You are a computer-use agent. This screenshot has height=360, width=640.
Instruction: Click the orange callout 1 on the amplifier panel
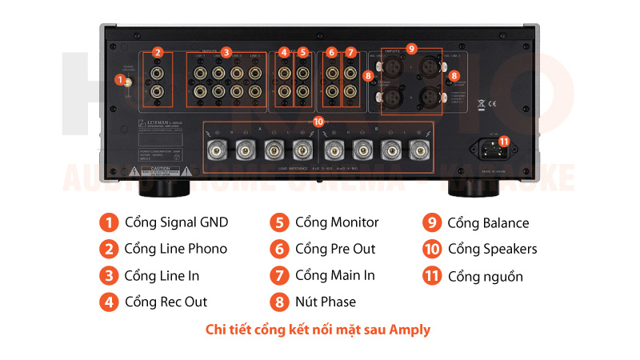[x=121, y=80]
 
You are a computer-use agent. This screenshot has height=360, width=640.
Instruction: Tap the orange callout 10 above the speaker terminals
[x=318, y=122]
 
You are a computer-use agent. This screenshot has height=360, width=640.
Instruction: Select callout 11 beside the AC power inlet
[x=503, y=142]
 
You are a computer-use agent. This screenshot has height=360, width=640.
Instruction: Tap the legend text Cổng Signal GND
[x=176, y=222]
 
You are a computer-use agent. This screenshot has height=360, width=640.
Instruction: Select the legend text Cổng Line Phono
[x=176, y=249]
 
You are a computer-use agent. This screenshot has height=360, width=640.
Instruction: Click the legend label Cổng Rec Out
[x=166, y=302]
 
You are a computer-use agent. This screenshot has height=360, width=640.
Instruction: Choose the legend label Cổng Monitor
[x=337, y=222]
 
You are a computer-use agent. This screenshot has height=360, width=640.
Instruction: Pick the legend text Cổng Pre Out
[x=335, y=249]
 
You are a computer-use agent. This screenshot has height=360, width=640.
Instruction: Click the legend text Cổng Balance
[x=488, y=222]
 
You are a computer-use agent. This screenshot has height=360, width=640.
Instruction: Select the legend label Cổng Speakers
[x=492, y=249]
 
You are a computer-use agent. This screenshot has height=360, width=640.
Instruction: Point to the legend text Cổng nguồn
[x=486, y=277]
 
